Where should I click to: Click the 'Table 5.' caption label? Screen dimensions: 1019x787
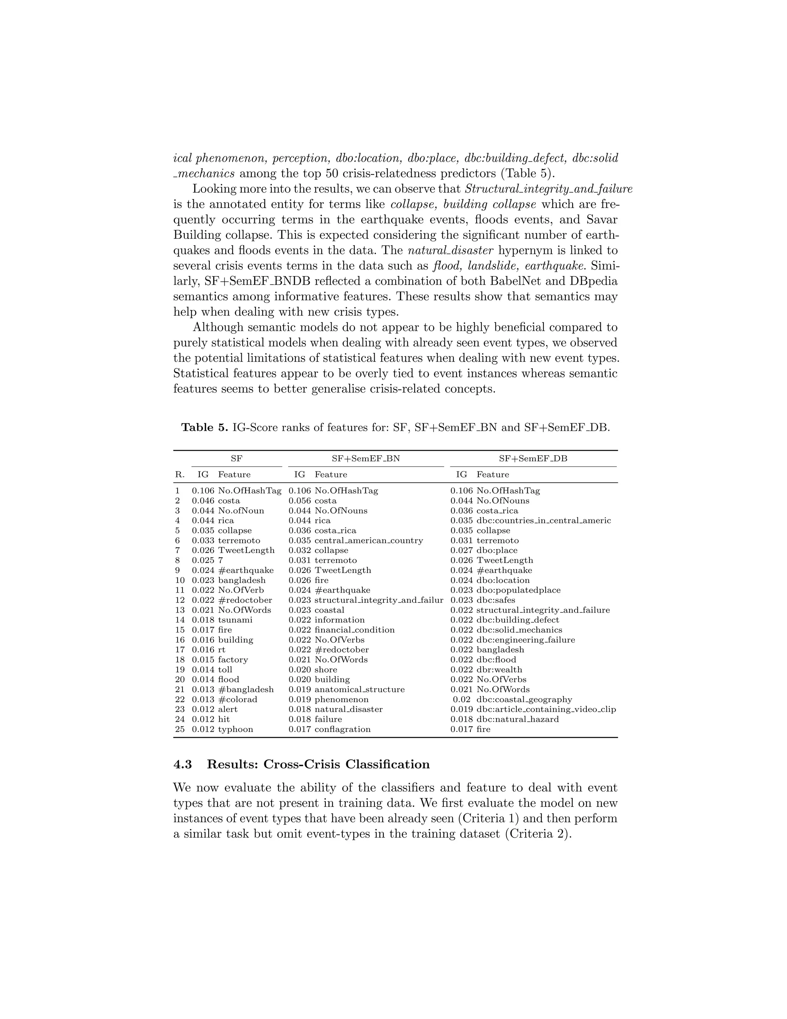[204, 427]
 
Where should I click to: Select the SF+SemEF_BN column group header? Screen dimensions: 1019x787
[365, 458]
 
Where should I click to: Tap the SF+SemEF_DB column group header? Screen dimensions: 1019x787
[533, 458]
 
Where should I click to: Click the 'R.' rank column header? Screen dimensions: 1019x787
[179, 475]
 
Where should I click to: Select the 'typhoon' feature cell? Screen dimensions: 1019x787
[236, 729]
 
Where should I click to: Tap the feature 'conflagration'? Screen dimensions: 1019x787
[342, 729]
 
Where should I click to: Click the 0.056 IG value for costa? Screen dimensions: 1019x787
[299, 501]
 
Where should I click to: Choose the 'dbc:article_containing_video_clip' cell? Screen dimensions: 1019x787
[546, 709]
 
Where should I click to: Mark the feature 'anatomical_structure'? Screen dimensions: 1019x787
[359, 689]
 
